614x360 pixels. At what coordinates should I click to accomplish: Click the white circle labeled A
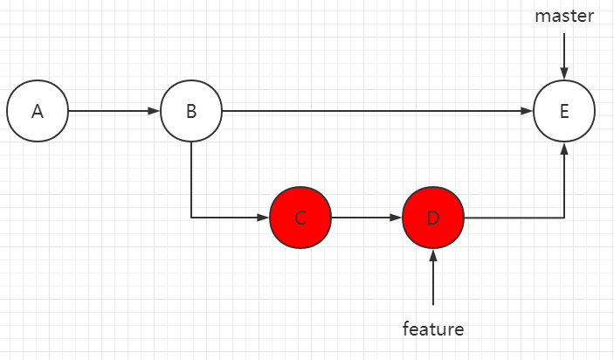click(x=37, y=112)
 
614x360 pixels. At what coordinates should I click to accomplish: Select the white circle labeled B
click(x=191, y=112)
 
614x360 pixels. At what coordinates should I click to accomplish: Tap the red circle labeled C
click(x=300, y=218)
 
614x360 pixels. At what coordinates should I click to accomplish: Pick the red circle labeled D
click(x=433, y=218)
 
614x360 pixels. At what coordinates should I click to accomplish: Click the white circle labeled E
click(x=564, y=112)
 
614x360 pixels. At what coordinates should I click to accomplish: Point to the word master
click(x=564, y=17)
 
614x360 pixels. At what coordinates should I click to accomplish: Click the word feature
click(x=433, y=329)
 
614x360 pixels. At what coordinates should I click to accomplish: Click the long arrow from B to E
click(x=376, y=112)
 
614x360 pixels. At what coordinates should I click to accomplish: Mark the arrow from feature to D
click(x=433, y=278)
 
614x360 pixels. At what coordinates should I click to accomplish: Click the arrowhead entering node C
click(x=265, y=218)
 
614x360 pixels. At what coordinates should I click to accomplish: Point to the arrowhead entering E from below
click(x=564, y=149)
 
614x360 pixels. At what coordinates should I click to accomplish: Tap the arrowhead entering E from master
click(x=564, y=75)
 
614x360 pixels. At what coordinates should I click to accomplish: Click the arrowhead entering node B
click(x=155, y=112)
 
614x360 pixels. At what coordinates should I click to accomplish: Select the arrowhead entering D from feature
click(x=433, y=254)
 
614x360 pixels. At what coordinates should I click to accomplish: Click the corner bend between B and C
click(x=191, y=218)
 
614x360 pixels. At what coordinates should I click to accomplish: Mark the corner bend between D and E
click(x=564, y=218)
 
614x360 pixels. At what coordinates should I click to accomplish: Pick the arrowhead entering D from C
click(x=397, y=218)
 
